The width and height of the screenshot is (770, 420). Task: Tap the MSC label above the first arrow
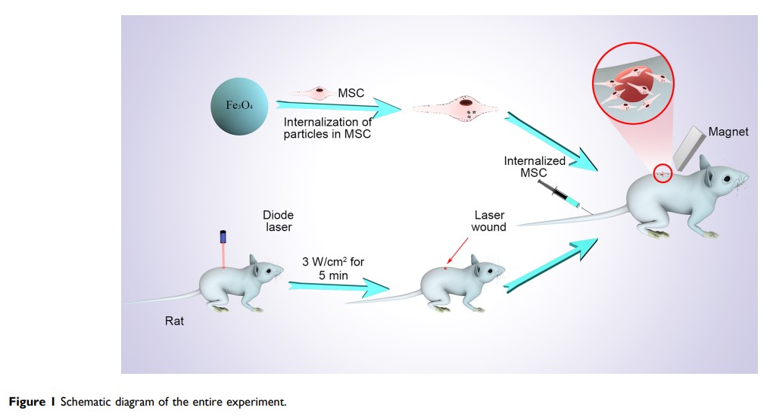(x=351, y=93)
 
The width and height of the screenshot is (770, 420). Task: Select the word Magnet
(x=728, y=132)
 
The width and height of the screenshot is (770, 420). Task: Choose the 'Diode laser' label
(x=278, y=221)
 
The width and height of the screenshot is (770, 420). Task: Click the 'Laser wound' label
(x=488, y=221)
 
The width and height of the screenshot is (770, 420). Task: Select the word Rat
(x=174, y=321)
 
